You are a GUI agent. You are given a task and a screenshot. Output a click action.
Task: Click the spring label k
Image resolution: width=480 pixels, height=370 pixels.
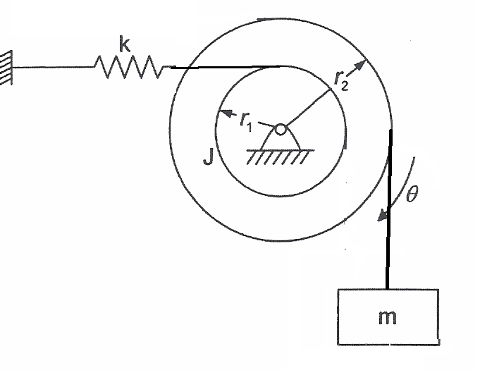pos(124,46)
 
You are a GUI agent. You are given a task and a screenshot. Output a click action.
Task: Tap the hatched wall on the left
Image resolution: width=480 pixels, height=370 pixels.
pos(6,68)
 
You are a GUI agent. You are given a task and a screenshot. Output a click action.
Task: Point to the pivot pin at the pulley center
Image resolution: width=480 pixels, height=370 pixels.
pos(281,129)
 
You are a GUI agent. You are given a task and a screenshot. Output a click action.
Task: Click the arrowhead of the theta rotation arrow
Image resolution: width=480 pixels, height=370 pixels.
pos(381,216)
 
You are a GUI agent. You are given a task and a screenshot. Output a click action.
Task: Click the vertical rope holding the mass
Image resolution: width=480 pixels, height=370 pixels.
pos(388,211)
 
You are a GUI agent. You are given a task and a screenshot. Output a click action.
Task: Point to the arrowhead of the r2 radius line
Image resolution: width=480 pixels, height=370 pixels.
pos(361,65)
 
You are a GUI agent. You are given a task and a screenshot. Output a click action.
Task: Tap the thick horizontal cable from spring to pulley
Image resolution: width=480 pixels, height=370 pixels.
pos(226,68)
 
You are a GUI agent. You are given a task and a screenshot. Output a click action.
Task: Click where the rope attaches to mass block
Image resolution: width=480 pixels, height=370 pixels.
pos(388,288)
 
